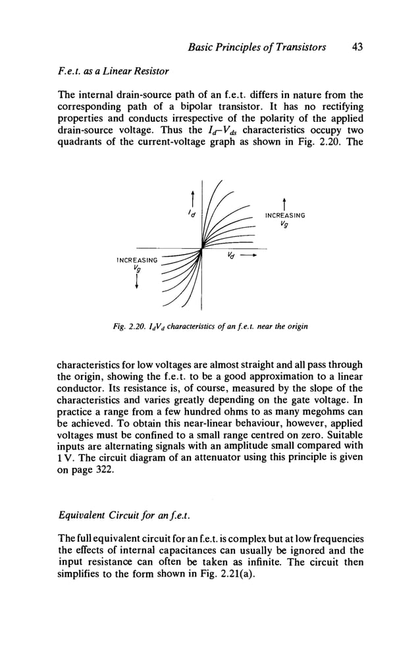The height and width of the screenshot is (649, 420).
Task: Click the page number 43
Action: [x=357, y=47]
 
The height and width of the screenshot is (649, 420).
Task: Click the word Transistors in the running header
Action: [x=300, y=47]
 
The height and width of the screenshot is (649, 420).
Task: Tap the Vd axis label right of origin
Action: [x=230, y=255]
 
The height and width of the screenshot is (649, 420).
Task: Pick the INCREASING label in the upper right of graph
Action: [x=284, y=215]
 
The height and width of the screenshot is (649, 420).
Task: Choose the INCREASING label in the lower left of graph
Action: [x=136, y=260]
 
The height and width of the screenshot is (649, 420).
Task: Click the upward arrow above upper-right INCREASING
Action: [x=284, y=200]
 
